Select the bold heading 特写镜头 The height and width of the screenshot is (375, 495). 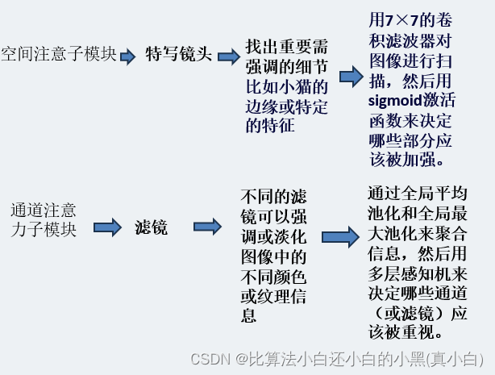(179, 54)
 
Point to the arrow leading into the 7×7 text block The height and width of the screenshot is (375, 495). (351, 77)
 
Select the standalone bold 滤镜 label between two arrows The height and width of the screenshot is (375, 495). (151, 227)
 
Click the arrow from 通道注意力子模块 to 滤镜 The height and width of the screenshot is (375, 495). (103, 228)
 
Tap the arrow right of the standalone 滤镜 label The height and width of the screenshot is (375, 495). (206, 228)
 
